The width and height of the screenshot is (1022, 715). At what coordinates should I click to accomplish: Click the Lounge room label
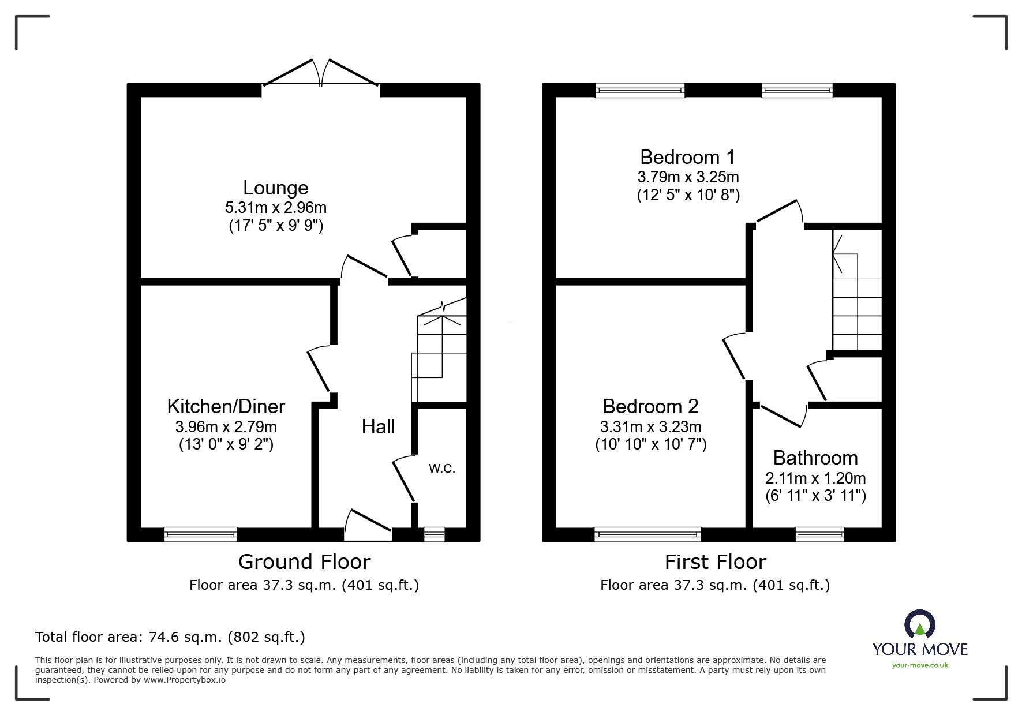point(275,188)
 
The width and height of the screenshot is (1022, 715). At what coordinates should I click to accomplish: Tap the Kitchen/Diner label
point(226,406)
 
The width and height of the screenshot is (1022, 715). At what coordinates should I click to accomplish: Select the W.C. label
point(441,469)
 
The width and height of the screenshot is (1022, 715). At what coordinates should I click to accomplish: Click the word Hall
point(378,426)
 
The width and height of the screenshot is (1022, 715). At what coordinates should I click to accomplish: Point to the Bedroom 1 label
point(687,157)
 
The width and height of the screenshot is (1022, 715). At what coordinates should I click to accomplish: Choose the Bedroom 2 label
point(650,406)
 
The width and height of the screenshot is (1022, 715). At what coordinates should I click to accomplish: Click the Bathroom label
point(815,458)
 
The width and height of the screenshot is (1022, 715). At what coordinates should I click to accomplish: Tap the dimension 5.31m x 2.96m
point(275,207)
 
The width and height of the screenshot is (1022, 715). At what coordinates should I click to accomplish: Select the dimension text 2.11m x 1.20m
point(815,478)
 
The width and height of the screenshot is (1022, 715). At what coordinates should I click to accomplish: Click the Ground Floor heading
point(304,561)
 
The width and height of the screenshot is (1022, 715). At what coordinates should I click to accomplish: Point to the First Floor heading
point(715,561)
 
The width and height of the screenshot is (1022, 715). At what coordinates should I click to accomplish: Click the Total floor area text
point(170,637)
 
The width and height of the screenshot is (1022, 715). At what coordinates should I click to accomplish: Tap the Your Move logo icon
point(919,625)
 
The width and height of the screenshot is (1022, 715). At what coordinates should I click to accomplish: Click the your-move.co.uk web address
point(920,665)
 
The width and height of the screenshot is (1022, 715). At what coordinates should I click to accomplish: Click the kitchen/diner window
point(200,534)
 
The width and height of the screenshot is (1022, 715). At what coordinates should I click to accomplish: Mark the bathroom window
point(819,534)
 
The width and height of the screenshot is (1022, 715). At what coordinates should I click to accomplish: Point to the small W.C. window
point(434,534)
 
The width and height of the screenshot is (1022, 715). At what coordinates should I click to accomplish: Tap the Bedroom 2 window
point(647,534)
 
